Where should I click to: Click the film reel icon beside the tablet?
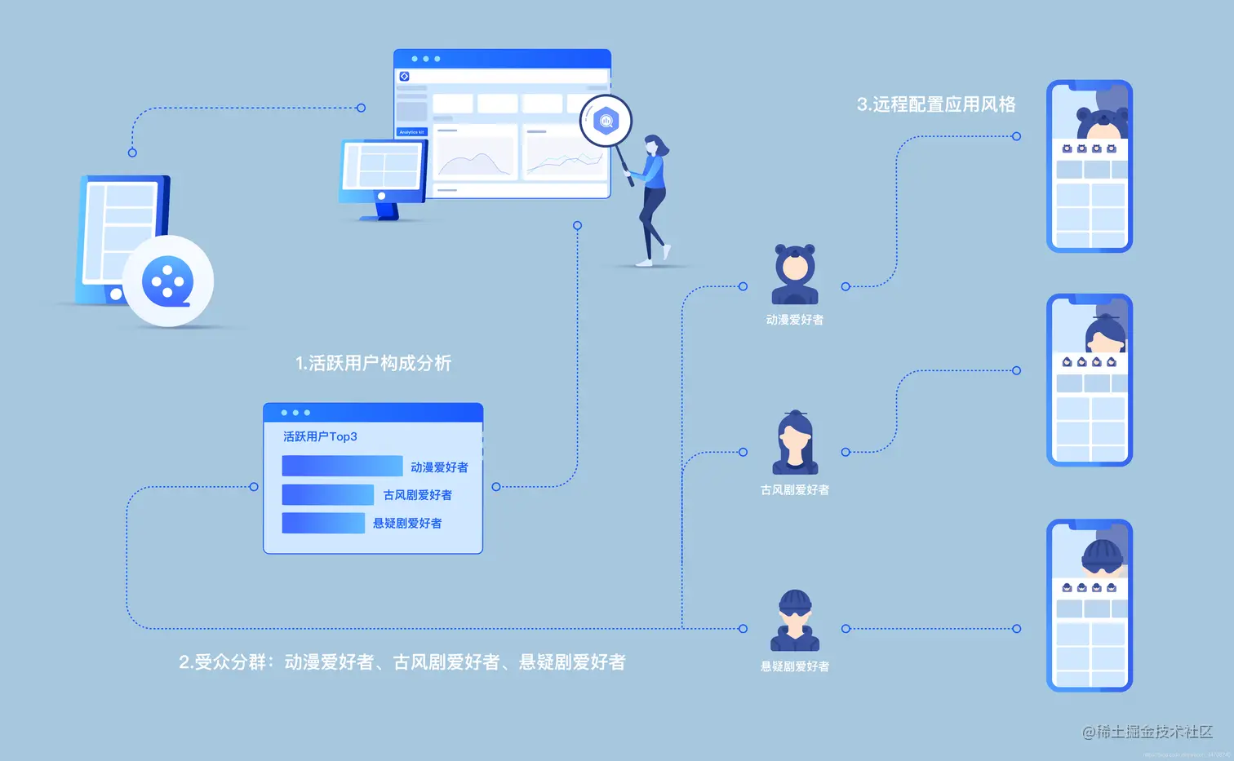[168, 281]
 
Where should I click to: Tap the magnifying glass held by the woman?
[606, 122]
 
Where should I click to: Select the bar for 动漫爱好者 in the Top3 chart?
[342, 466]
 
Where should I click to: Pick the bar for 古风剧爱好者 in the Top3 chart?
[327, 494]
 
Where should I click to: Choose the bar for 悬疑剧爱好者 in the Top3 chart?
[323, 523]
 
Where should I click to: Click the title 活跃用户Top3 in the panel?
[320, 436]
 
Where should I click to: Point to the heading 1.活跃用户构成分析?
[373, 363]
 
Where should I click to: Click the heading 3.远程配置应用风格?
[936, 104]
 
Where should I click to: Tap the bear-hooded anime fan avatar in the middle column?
[795, 273]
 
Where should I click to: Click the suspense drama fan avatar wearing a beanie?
[795, 620]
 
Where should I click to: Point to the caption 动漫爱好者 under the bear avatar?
[795, 320]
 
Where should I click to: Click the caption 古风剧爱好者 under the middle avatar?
[795, 489]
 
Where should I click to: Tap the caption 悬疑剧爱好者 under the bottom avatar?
[795, 666]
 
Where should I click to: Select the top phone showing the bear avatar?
[1090, 166]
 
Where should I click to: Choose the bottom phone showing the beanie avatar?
[1090, 605]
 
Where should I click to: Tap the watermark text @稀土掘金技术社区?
[1147, 732]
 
